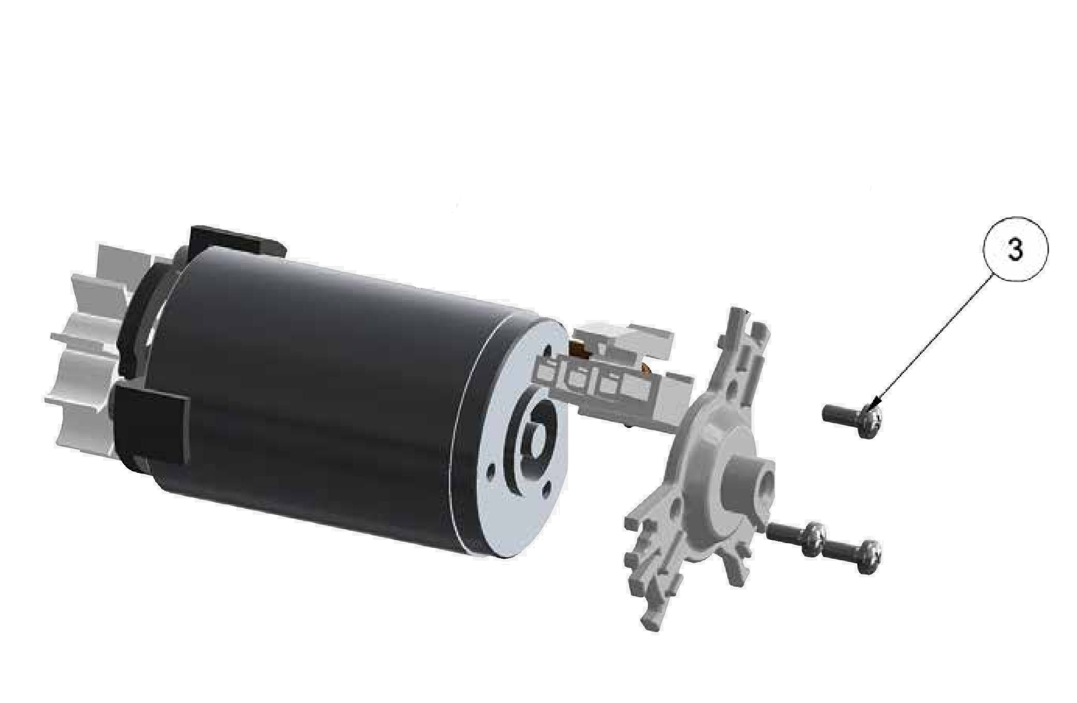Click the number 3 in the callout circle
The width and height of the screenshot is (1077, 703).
click(x=1015, y=251)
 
